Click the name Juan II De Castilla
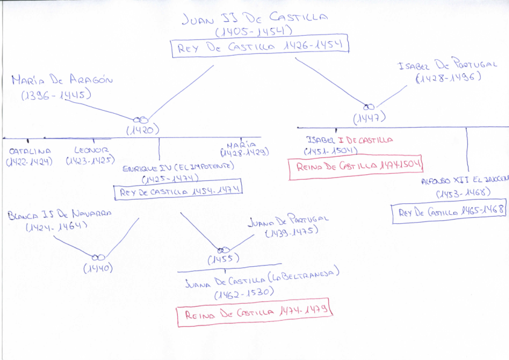[254, 19]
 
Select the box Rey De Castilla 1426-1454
[261, 47]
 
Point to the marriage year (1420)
[142, 129]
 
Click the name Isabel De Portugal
[447, 65]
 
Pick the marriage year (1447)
[369, 117]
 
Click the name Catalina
[30, 151]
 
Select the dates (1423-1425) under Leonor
[89, 161]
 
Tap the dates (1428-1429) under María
[247, 153]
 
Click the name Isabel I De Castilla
[350, 140]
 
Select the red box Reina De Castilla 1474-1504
[355, 166]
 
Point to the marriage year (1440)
[98, 268]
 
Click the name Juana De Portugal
[288, 220]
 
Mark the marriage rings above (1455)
[224, 249]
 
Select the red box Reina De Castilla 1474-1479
[255, 313]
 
